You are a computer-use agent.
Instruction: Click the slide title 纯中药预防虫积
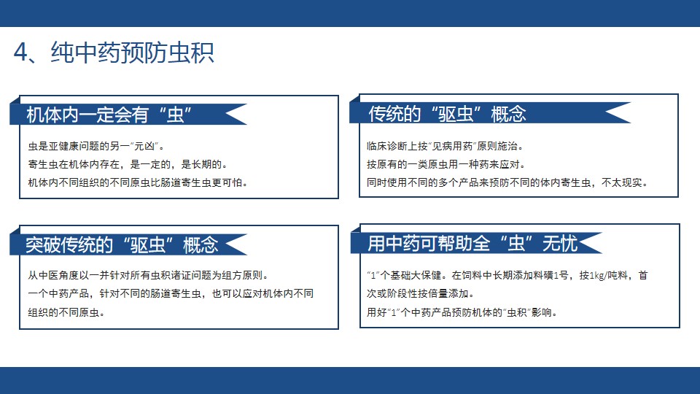point(132,53)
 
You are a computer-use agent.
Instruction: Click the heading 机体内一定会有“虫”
point(109,115)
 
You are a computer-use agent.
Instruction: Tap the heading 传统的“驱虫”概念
point(447,114)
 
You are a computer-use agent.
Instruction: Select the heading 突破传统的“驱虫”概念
point(122,245)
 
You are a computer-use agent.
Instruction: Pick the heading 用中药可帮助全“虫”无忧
point(472,244)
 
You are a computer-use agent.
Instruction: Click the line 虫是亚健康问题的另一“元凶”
point(96,146)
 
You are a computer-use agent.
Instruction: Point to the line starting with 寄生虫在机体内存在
point(128,164)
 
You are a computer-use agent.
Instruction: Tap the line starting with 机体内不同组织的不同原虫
point(139,182)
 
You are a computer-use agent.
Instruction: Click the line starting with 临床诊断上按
point(446,146)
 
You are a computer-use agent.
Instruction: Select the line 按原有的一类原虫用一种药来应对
point(446,164)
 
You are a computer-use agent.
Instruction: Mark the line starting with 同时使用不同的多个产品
point(507,182)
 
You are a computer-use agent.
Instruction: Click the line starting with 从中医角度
point(149,275)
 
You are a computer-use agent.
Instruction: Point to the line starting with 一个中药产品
point(171,293)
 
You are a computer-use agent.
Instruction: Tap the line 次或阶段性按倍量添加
point(421,293)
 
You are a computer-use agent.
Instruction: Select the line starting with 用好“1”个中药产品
point(462,312)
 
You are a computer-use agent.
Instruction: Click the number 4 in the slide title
point(20,53)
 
